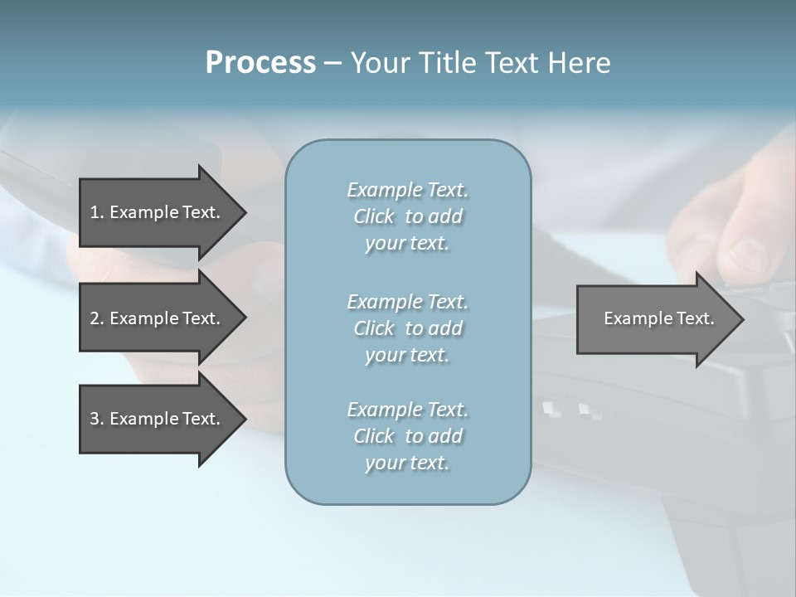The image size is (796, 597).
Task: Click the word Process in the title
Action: [x=260, y=62]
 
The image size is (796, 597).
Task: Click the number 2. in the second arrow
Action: [x=96, y=318]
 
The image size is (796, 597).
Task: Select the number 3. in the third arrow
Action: [x=96, y=419]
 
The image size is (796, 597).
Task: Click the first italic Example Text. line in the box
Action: [x=407, y=190]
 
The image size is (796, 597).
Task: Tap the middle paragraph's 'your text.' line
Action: [x=407, y=355]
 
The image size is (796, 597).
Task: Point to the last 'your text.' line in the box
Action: [x=407, y=463]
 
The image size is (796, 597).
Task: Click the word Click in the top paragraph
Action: [x=374, y=216]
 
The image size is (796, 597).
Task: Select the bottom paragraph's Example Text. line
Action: [x=407, y=410]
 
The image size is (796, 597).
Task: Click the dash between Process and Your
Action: [x=332, y=63]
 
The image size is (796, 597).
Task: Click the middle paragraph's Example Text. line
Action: [x=407, y=301]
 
